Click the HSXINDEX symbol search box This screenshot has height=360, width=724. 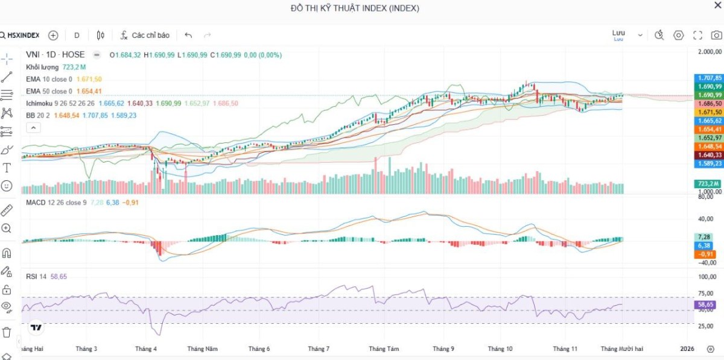click(x=21, y=36)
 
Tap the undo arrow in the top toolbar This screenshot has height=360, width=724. click(x=188, y=36)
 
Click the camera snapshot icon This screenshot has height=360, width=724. click(x=716, y=36)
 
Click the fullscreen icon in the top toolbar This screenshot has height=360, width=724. click(x=697, y=36)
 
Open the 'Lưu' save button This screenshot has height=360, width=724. click(x=618, y=35)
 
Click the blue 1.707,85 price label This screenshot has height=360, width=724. click(x=710, y=78)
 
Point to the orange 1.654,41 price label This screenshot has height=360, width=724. click(x=710, y=129)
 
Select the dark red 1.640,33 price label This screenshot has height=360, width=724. click(x=710, y=155)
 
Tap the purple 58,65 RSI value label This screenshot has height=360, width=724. click(x=706, y=305)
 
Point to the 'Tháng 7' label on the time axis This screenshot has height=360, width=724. click(x=319, y=349)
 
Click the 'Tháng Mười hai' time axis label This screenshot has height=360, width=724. click(x=621, y=349)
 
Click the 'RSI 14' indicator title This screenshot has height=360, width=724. click(x=37, y=276)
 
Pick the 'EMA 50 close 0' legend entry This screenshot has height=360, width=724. click(x=49, y=91)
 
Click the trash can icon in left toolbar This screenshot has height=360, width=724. click(x=7, y=332)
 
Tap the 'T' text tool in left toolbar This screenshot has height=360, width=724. click(x=7, y=168)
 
